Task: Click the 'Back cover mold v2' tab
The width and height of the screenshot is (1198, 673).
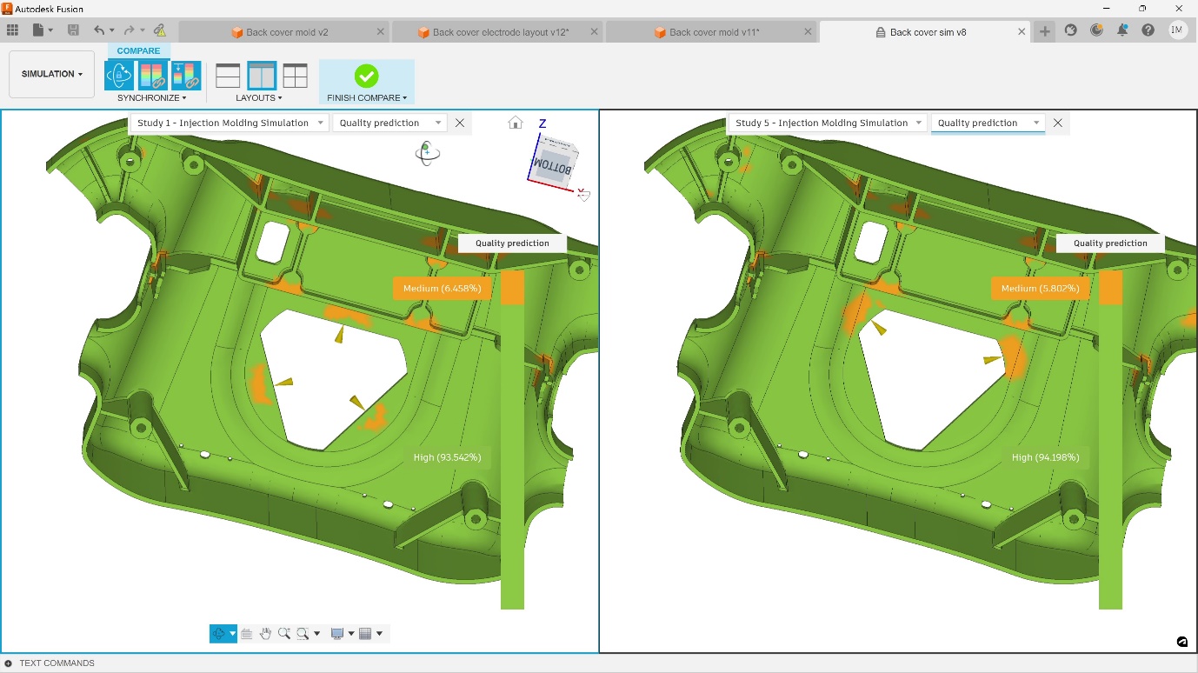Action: pyautogui.click(x=287, y=32)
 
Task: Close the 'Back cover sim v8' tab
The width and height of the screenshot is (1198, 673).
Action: pyautogui.click(x=1022, y=32)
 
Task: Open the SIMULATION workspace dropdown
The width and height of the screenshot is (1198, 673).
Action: pyautogui.click(x=52, y=74)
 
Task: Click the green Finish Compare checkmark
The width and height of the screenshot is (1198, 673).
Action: pyautogui.click(x=366, y=76)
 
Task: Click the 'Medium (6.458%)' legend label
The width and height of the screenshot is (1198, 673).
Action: pyautogui.click(x=442, y=289)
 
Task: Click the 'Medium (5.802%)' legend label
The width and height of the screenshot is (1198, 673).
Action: pyautogui.click(x=1040, y=289)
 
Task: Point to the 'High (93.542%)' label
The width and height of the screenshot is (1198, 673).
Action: pyautogui.click(x=448, y=457)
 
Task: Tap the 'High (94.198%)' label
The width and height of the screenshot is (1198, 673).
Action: pyautogui.click(x=1045, y=457)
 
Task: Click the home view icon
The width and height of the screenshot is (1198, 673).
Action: pyautogui.click(x=516, y=123)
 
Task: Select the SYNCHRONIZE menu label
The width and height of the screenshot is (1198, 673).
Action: pyautogui.click(x=151, y=98)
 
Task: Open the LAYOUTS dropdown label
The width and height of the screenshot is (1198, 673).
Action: pyautogui.click(x=258, y=98)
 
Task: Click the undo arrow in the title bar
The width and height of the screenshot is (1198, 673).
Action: pyautogui.click(x=99, y=30)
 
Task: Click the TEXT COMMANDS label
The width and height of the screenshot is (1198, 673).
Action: pyautogui.click(x=57, y=663)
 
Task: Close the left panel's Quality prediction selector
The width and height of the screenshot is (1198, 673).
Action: pyautogui.click(x=460, y=123)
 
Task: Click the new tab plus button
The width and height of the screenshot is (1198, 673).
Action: pyautogui.click(x=1045, y=31)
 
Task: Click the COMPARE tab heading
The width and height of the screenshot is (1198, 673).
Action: pyautogui.click(x=139, y=50)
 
